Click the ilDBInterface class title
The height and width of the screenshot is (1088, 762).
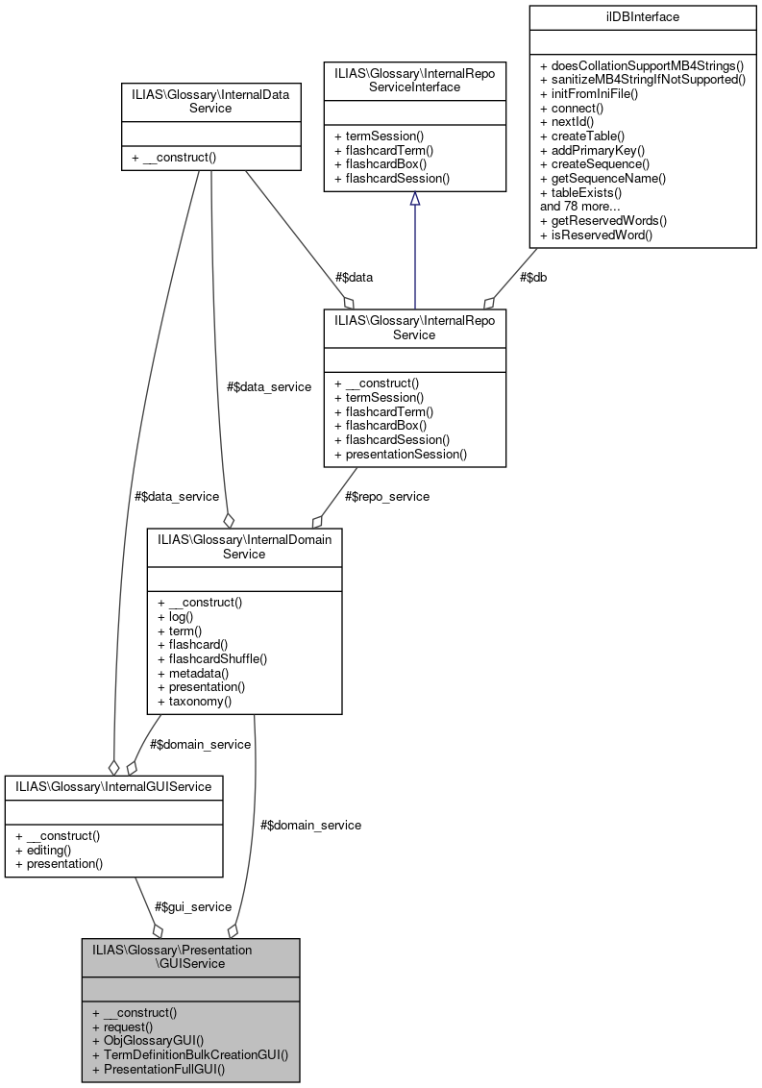(642, 16)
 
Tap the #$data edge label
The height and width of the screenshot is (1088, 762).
(354, 277)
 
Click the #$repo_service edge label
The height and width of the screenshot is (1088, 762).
(386, 496)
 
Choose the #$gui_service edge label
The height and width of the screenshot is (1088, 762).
(193, 906)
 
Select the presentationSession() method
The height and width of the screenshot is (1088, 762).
(400, 454)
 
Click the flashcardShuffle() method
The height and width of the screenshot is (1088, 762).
(211, 658)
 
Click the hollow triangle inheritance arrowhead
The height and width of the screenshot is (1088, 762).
(414, 198)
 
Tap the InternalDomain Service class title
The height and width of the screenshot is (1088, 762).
(244, 546)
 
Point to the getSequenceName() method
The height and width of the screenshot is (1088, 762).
(602, 178)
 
